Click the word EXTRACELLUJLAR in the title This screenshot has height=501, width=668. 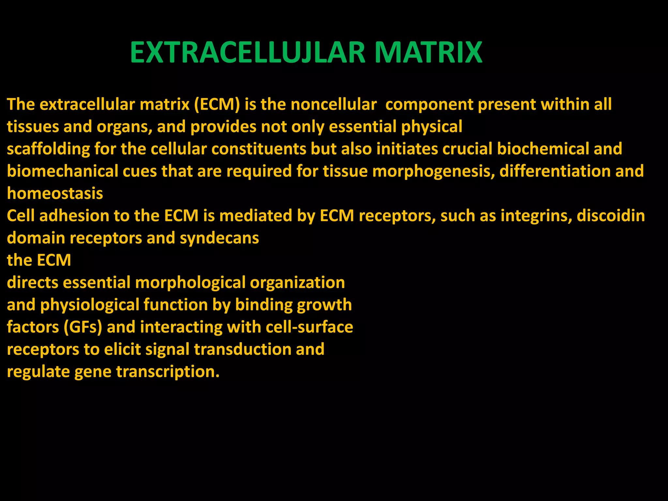coord(248,53)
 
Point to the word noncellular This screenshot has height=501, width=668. coord(333,105)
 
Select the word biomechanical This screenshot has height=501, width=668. coord(63,172)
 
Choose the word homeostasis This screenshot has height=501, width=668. coord(55,194)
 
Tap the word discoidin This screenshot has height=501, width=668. coord(611,216)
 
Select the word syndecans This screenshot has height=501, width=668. coord(219,238)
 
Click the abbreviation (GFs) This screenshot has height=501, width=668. coord(83,327)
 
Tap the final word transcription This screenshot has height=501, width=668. coord(168,372)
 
